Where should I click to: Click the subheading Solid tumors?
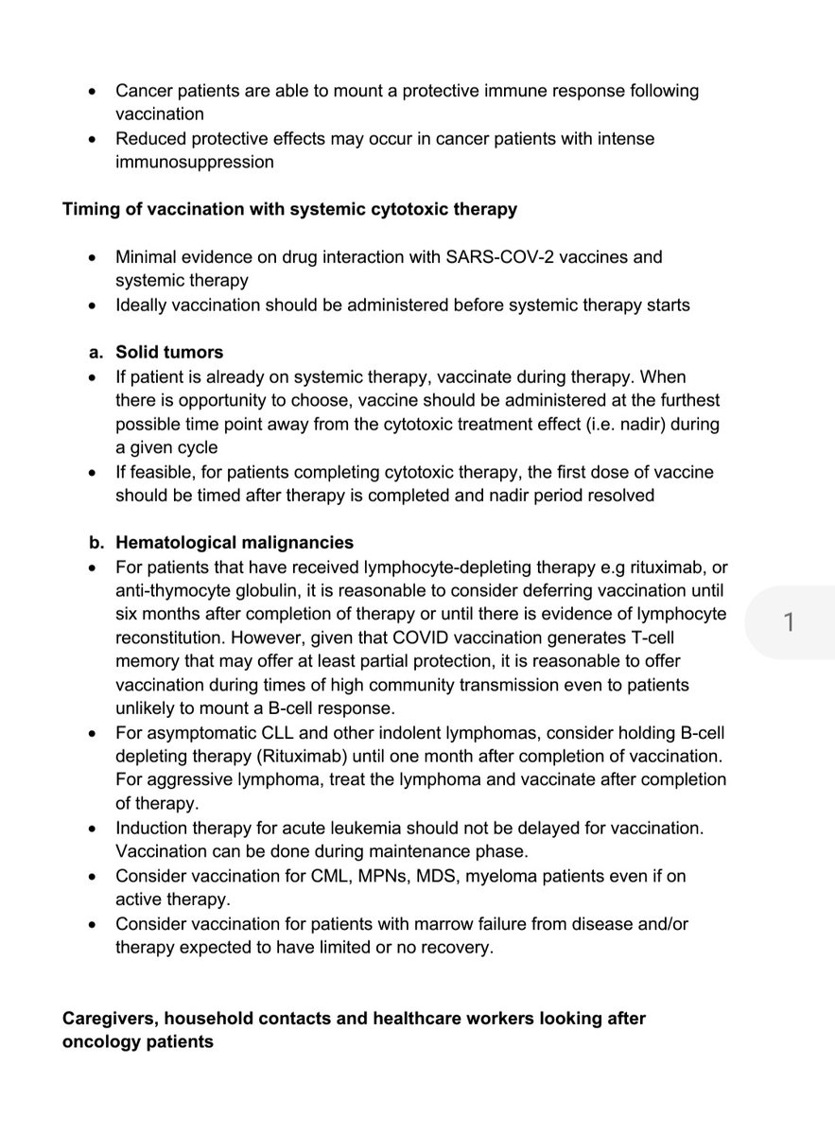[x=169, y=352]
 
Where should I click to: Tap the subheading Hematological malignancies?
[x=235, y=543]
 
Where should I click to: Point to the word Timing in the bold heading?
[x=89, y=209]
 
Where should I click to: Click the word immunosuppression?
[x=195, y=162]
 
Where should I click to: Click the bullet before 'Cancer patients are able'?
[x=91, y=91]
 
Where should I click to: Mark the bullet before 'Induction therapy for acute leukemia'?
[x=91, y=828]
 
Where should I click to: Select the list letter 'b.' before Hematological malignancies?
[x=96, y=543]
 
